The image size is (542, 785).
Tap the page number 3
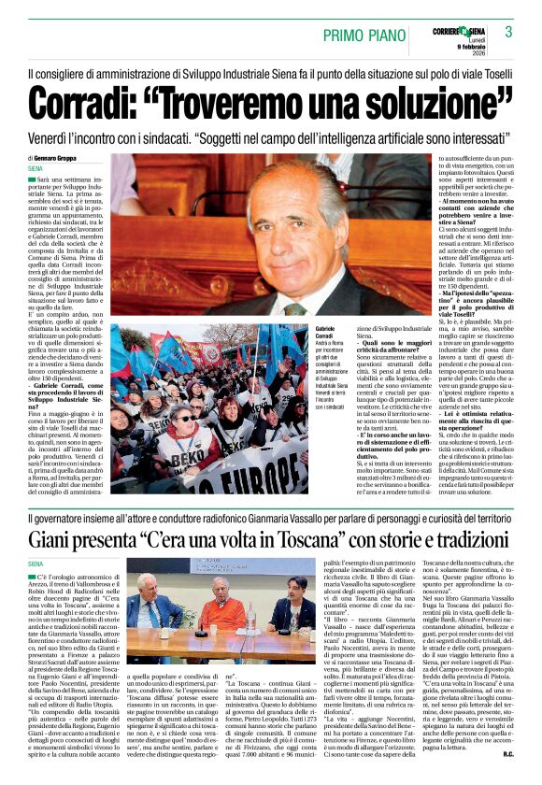pyautogui.click(x=509, y=32)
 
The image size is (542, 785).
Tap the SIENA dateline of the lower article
pyautogui.click(x=36, y=564)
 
